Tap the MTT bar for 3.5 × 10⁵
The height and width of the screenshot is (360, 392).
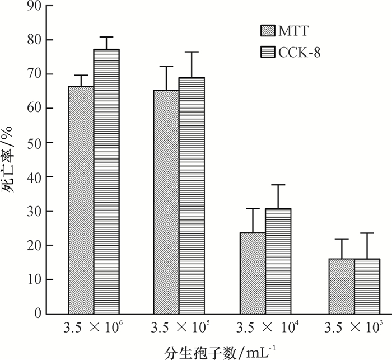[x=166, y=202]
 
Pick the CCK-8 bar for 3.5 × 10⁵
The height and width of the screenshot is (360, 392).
[x=192, y=195]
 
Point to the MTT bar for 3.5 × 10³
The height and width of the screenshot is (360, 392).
[x=342, y=286]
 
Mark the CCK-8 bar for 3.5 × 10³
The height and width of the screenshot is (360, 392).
[x=367, y=286]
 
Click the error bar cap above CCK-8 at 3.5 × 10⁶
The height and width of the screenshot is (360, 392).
[x=106, y=37]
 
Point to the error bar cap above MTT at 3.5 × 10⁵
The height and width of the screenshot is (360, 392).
[x=166, y=67]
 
